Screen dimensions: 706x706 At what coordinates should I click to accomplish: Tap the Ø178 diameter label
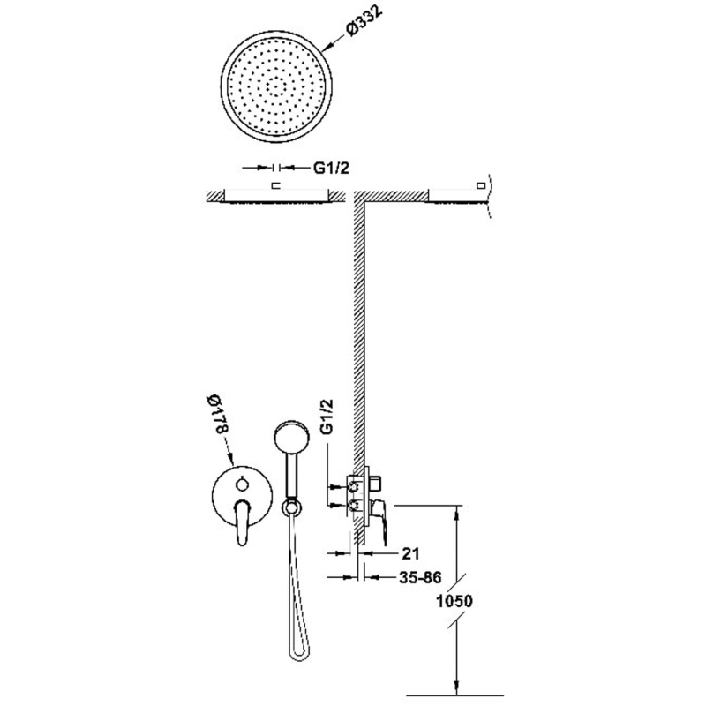[216, 415]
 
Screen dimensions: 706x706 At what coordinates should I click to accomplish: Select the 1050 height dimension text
[454, 601]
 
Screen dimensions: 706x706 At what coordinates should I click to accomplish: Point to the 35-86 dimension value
[421, 577]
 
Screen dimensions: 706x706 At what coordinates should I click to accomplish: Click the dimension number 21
[410, 553]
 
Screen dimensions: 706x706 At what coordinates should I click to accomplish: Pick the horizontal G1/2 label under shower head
[332, 168]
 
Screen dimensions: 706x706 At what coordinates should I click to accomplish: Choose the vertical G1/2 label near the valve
[327, 416]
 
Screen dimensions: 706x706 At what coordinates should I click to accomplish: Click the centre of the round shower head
[277, 86]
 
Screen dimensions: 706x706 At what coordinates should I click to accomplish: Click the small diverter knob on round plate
[242, 484]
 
